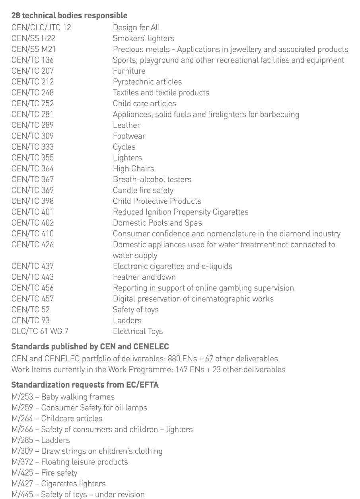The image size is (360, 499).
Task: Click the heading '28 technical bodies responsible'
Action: point(69,16)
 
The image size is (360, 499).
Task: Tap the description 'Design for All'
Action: point(136,27)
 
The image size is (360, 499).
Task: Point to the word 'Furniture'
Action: point(129,71)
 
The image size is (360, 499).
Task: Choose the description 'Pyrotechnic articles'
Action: point(147,82)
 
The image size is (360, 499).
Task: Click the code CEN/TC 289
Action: point(33,125)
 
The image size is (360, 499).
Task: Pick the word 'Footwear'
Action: point(129,136)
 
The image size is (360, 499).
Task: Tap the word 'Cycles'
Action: point(124,147)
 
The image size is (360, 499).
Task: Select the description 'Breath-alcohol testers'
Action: point(152,179)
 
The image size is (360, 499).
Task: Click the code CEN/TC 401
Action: point(33,212)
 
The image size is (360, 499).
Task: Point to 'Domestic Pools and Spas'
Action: point(157,223)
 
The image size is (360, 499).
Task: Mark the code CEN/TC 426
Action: point(33,245)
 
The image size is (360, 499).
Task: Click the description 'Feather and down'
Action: point(144,277)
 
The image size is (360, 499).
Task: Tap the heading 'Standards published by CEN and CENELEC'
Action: point(90,347)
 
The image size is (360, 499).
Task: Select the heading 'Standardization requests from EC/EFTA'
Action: point(85,385)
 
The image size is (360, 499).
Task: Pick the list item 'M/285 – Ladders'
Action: point(41,440)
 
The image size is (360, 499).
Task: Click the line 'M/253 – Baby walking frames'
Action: point(63,397)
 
